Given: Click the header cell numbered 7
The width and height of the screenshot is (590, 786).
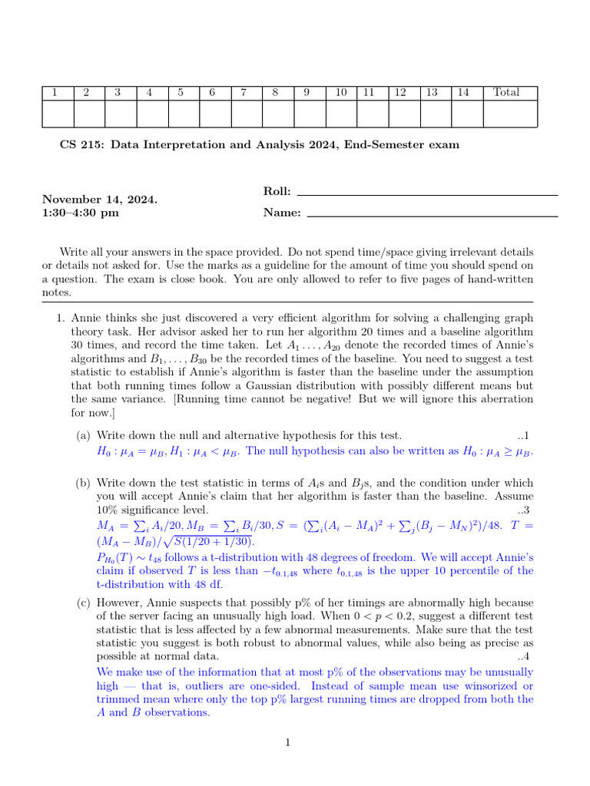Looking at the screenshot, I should pyautogui.click(x=244, y=93).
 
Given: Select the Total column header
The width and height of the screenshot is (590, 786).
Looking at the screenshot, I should pyautogui.click(x=506, y=93).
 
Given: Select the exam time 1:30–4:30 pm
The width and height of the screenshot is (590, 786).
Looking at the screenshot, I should pyautogui.click(x=81, y=213).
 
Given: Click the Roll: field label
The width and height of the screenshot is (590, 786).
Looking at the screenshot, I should pyautogui.click(x=277, y=192).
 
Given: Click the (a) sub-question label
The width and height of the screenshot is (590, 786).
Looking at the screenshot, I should pyautogui.click(x=83, y=436).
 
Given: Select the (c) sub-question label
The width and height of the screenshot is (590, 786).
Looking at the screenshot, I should pyautogui.click(x=83, y=602).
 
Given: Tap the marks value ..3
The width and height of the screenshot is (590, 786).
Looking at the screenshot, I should pyautogui.click(x=525, y=510).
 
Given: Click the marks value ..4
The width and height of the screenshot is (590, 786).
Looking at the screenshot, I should pyautogui.click(x=525, y=657).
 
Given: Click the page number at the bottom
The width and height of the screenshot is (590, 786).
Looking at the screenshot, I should pyautogui.click(x=287, y=742).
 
